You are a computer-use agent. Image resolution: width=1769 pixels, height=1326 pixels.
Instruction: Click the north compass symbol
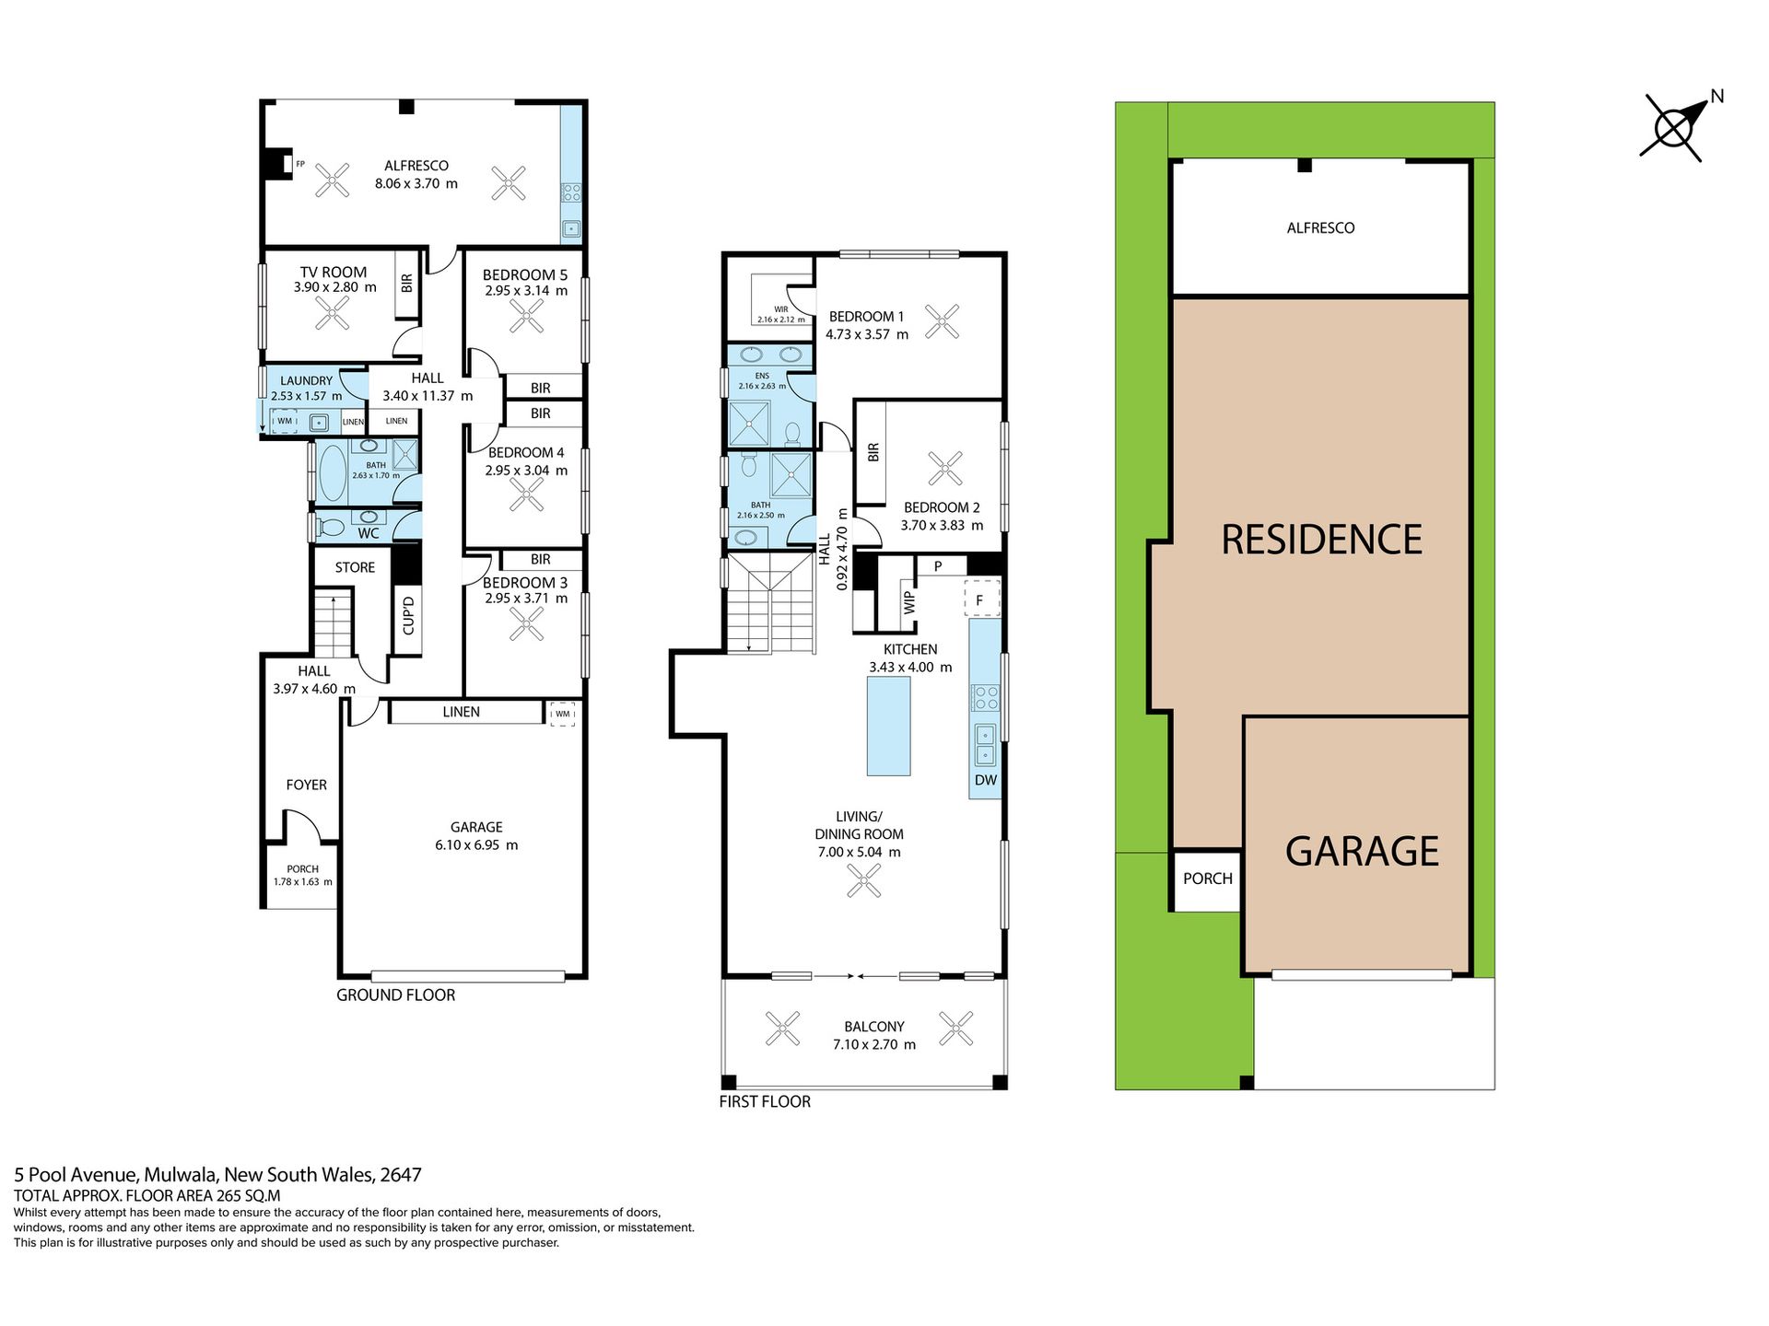click(1672, 128)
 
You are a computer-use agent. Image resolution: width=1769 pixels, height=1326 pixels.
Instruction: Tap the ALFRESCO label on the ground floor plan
click(416, 166)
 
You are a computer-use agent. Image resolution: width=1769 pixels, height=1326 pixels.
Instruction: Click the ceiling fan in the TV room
click(332, 312)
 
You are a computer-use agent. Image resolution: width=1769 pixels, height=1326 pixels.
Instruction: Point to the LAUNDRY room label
click(306, 380)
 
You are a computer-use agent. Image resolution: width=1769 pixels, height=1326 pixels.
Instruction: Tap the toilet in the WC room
click(328, 529)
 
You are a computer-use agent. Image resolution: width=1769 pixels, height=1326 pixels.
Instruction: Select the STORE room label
click(355, 567)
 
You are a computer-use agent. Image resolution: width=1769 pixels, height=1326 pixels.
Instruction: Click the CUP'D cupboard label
click(408, 614)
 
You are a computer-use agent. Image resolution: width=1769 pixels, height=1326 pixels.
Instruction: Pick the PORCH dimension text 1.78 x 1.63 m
click(303, 882)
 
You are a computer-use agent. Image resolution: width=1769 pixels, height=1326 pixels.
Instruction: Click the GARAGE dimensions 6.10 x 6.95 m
click(476, 845)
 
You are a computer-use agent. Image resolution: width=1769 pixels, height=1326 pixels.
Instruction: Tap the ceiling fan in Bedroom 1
click(942, 321)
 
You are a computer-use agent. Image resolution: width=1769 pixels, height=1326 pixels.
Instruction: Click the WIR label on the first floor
click(781, 309)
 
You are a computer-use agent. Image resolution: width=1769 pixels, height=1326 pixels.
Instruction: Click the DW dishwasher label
click(986, 780)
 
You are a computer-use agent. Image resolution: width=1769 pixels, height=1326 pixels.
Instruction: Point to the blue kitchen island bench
click(888, 726)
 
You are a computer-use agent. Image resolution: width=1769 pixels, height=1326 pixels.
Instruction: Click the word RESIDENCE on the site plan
click(1321, 540)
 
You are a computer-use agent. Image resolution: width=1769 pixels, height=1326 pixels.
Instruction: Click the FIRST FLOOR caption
click(765, 1101)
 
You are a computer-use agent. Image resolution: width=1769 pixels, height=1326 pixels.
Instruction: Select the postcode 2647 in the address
click(401, 1175)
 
